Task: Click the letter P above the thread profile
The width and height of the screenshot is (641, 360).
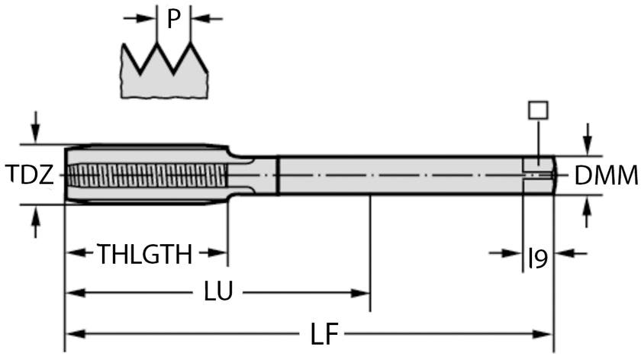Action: (x=173, y=18)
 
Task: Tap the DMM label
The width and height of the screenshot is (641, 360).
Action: (x=606, y=176)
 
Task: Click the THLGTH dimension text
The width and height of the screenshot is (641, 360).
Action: (x=144, y=254)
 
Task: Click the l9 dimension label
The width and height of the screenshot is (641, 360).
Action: (x=537, y=260)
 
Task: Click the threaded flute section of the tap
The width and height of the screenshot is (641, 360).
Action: (x=145, y=175)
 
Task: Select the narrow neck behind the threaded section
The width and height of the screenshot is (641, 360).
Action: (x=256, y=175)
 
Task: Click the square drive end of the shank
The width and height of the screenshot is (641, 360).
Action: (x=539, y=175)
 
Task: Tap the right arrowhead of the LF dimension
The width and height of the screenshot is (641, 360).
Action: (x=545, y=334)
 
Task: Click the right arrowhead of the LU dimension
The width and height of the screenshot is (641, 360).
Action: (x=364, y=292)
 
